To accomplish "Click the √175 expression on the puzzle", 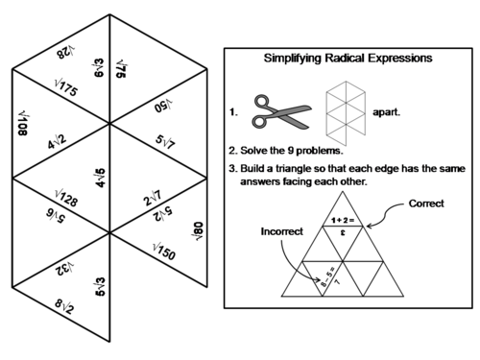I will point(68,89).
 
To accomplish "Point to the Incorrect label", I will point(279,231).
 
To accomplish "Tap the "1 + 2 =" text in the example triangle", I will point(344,220).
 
